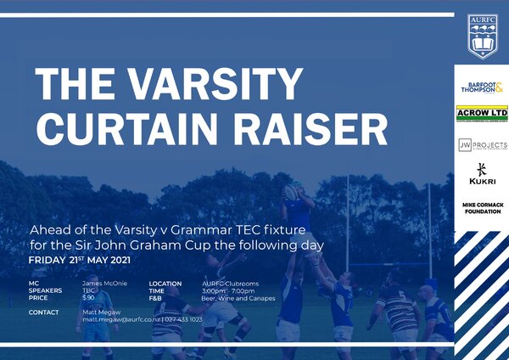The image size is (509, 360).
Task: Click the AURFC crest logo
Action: [482, 37]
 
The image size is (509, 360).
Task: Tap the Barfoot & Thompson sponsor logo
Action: [481, 87]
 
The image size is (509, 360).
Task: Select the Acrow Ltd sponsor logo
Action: [481, 114]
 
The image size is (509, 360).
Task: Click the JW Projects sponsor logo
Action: [481, 145]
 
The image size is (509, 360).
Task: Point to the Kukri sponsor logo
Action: [481, 174]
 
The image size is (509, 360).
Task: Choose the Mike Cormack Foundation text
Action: [481, 207]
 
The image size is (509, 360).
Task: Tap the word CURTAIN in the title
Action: [133, 127]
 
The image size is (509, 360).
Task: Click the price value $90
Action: [88, 298]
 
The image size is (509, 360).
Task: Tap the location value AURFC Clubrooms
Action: [230, 284]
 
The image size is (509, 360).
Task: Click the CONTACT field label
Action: [44, 312]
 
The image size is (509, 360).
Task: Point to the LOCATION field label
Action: [165, 284]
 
